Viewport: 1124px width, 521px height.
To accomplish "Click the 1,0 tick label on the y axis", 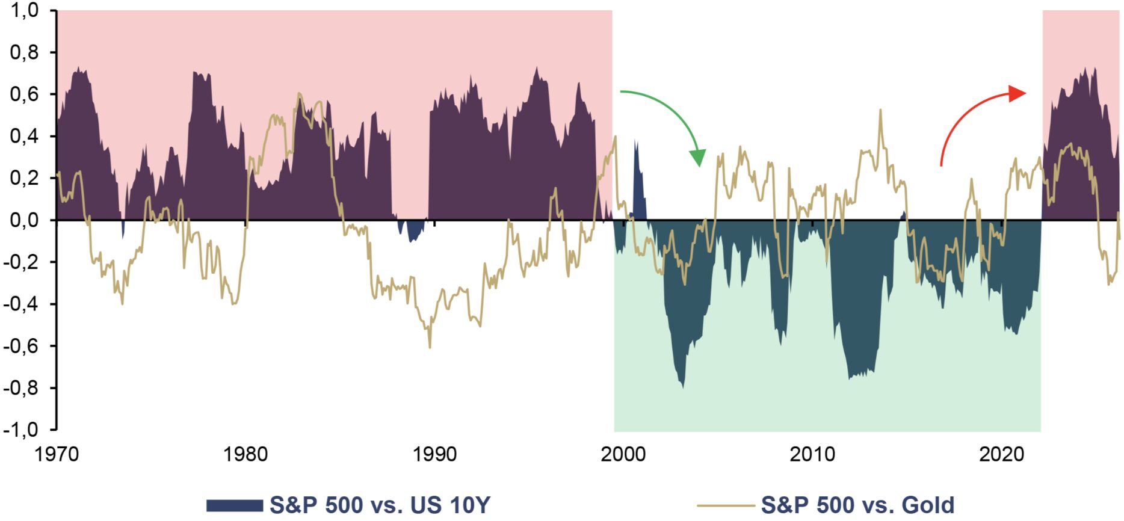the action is [25, 10].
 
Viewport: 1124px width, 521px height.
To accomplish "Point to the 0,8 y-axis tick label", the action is [25, 52].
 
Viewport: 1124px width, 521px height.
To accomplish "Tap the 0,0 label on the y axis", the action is [25, 220].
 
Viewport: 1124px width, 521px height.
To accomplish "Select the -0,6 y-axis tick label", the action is [21, 346].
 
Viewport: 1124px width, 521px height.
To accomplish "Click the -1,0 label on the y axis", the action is [21, 430].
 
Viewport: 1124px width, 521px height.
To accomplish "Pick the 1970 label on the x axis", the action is [57, 454].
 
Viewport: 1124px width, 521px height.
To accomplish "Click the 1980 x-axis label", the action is [245, 454].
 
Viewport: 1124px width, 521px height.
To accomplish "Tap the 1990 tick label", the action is [434, 454].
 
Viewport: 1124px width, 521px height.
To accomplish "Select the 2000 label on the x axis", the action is [623, 454].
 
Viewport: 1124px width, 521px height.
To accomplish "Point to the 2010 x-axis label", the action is [812, 454].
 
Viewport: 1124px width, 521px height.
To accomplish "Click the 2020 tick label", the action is [1001, 454].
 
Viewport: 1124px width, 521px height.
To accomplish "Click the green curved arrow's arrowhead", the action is [698, 158].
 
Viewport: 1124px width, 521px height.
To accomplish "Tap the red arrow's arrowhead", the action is [1017, 93].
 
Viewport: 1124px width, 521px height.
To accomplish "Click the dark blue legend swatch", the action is [235, 505].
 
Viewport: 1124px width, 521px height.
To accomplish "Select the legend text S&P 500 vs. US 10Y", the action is [380, 505].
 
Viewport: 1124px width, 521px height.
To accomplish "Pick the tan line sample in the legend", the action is [726, 505].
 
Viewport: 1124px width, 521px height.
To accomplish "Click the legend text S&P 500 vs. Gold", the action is [858, 505].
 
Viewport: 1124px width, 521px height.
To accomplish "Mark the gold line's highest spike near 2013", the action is [880, 109].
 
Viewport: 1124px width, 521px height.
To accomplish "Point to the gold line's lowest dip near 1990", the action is [430, 347].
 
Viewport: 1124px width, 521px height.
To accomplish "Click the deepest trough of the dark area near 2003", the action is [682, 387].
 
